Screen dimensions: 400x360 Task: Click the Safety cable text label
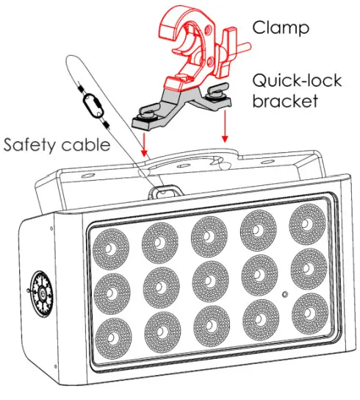(x=57, y=144)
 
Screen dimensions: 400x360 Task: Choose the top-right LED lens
(x=305, y=221)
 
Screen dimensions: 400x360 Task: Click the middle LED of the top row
(x=208, y=232)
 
